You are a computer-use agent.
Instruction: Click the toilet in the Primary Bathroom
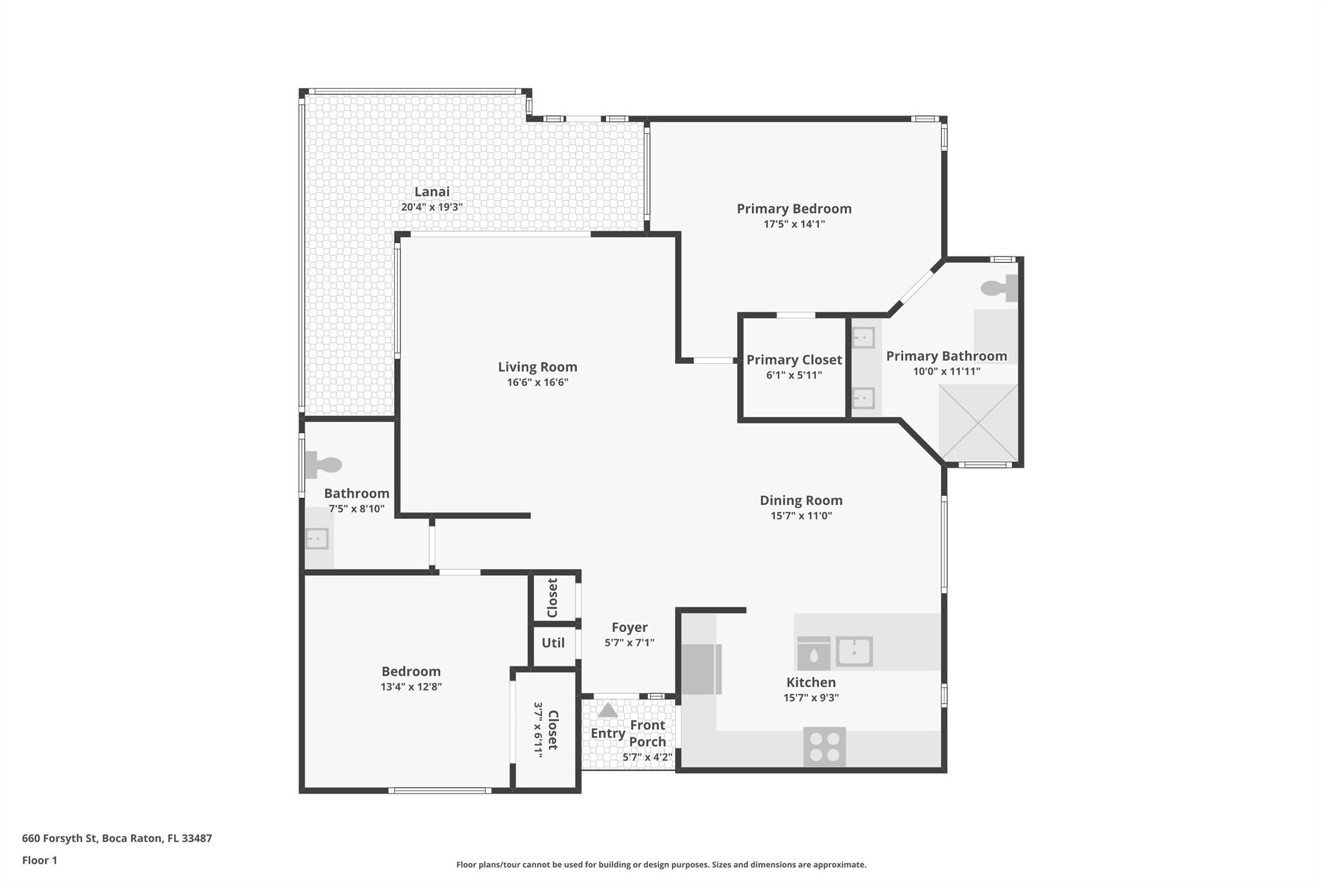[x=999, y=288]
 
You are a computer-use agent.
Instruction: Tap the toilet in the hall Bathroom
[x=323, y=465]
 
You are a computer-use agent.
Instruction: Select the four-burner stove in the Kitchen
[x=824, y=748]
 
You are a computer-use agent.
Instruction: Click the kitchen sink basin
[x=854, y=651]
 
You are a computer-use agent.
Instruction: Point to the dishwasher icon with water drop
[x=813, y=653]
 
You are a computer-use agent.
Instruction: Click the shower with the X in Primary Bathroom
[x=978, y=423]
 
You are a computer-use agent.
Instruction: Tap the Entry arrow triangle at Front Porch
[x=607, y=711]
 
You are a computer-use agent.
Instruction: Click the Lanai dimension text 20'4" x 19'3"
[x=432, y=207]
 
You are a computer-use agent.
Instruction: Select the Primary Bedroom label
[x=794, y=209]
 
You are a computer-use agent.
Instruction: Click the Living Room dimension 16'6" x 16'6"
[x=537, y=383]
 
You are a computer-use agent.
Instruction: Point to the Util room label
[x=553, y=643]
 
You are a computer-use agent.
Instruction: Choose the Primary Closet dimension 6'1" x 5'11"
[x=794, y=375]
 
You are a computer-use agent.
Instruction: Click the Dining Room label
[x=801, y=500]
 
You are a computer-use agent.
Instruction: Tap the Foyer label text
[x=629, y=627]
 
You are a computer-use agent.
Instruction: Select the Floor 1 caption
[x=39, y=861]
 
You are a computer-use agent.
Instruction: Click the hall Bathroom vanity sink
[x=317, y=538]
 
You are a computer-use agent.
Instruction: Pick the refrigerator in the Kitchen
[x=701, y=669]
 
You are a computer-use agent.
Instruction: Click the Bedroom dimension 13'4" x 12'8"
[x=411, y=687]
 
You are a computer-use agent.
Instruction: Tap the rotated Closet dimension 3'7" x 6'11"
[x=537, y=729]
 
